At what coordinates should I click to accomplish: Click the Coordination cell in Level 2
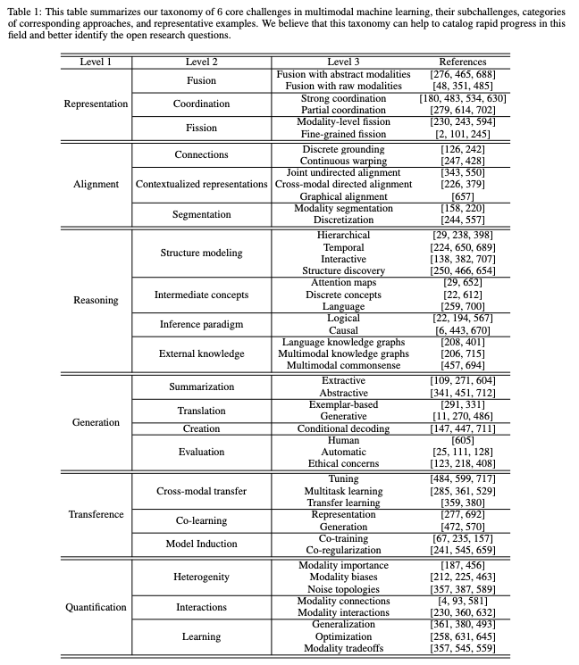click(x=201, y=104)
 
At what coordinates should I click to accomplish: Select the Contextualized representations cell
click(x=201, y=184)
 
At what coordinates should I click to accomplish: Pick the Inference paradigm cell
click(x=201, y=324)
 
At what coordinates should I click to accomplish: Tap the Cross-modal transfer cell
click(x=201, y=490)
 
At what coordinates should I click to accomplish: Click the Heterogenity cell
click(x=201, y=578)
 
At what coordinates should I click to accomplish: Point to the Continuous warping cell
click(x=343, y=161)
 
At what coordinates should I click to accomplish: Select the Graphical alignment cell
click(x=343, y=195)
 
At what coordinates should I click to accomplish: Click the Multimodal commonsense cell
click(x=343, y=365)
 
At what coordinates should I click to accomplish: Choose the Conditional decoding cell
click(x=343, y=428)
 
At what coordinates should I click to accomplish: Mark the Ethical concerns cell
click(x=343, y=463)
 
